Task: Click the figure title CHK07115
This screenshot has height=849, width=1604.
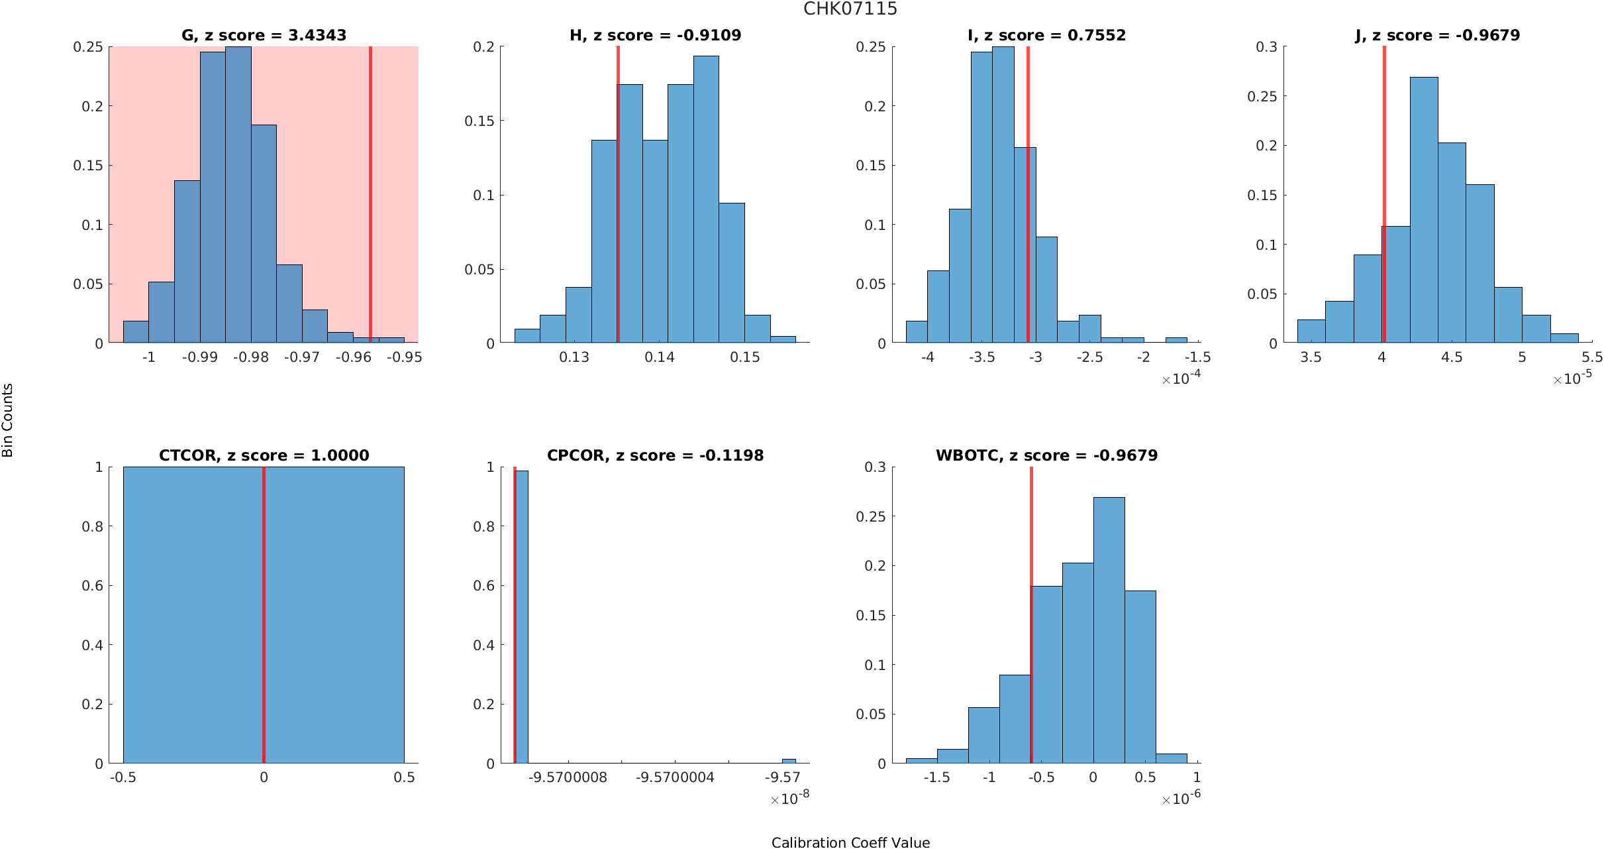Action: pyautogui.click(x=850, y=9)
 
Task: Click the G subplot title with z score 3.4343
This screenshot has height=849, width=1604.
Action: pyautogui.click(x=264, y=35)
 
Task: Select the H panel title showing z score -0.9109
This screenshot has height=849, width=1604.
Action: pyautogui.click(x=655, y=35)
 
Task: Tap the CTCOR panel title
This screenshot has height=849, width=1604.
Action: pyautogui.click(x=264, y=455)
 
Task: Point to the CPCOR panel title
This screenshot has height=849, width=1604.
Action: pyautogui.click(x=655, y=455)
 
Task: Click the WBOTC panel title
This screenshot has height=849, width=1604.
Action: pyautogui.click(x=1046, y=455)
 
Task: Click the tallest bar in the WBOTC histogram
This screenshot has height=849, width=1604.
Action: pyautogui.click(x=1109, y=630)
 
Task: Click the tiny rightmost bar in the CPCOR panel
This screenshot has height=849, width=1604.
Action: pyautogui.click(x=789, y=761)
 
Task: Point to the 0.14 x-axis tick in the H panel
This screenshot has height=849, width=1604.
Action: pyautogui.click(x=660, y=357)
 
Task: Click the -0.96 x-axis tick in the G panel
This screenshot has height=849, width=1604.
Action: pyautogui.click(x=353, y=357)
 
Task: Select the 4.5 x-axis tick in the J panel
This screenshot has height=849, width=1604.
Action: pyautogui.click(x=1452, y=357)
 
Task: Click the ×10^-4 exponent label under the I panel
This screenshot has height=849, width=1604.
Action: pyautogui.click(x=1181, y=378)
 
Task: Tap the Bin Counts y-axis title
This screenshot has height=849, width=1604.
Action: pyautogui.click(x=8, y=420)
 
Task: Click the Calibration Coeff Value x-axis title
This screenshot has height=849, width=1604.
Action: pyautogui.click(x=850, y=842)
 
